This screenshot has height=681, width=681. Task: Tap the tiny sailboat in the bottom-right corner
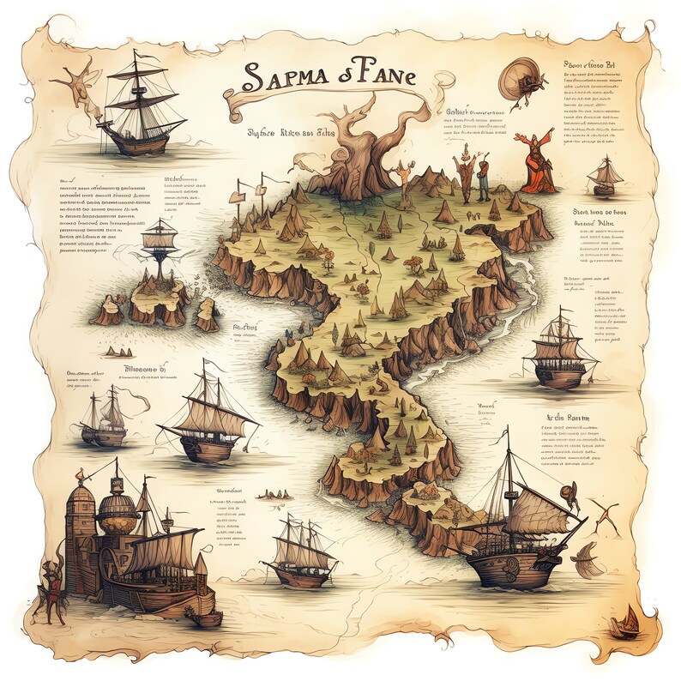(625, 622)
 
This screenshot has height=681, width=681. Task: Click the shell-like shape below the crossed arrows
(588, 559)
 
